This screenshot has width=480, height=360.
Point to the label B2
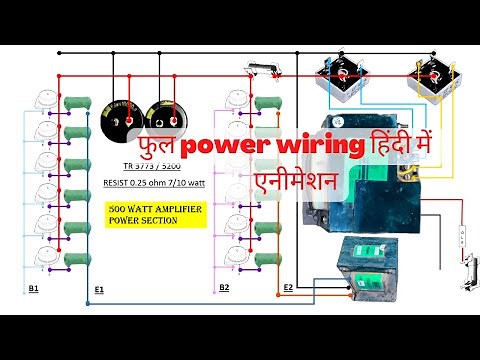225,288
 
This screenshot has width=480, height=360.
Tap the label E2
287,288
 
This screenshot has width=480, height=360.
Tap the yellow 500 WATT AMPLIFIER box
154,214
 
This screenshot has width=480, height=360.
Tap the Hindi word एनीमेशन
296,182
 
